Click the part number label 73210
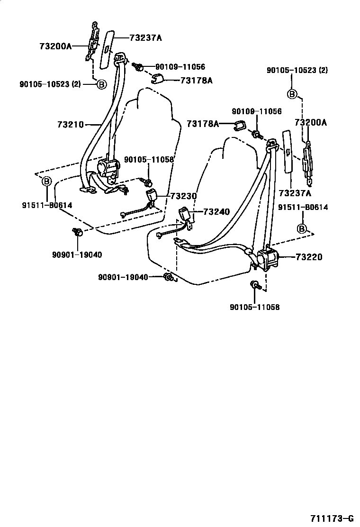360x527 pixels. (x=70, y=125)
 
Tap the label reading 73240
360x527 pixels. (x=216, y=212)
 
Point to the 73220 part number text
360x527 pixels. (x=309, y=257)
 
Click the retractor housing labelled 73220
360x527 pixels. (x=268, y=258)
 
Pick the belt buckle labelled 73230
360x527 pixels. (x=152, y=195)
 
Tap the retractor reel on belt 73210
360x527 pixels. (x=108, y=168)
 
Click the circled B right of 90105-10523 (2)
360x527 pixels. (x=101, y=84)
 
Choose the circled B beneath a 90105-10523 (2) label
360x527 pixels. (x=293, y=94)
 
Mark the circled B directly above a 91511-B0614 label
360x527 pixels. (x=46, y=181)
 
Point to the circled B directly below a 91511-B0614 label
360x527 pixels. (x=301, y=229)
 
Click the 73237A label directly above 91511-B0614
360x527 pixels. (x=295, y=193)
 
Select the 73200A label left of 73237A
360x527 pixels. (x=55, y=46)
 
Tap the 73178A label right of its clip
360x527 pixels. (x=196, y=81)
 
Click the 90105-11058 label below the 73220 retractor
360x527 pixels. (x=254, y=307)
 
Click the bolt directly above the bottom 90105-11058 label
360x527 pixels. (x=254, y=285)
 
